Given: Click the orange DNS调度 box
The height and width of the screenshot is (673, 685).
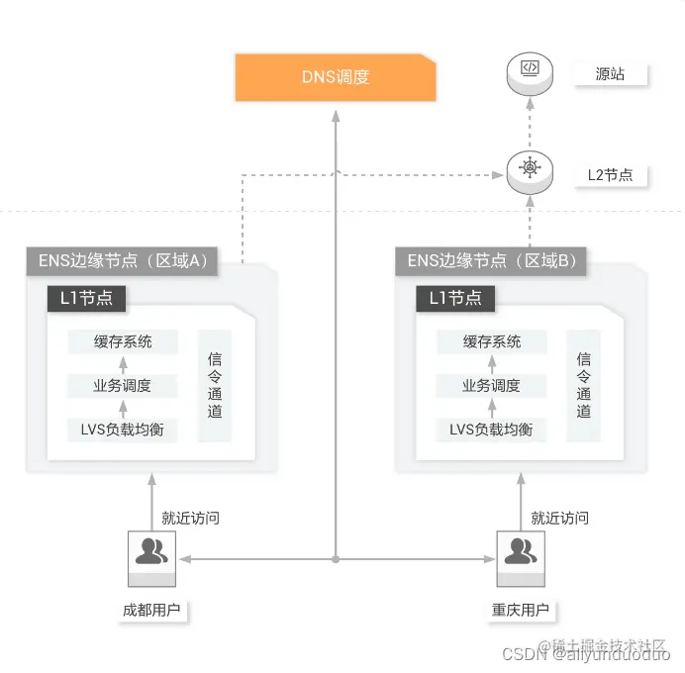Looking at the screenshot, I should [x=336, y=77].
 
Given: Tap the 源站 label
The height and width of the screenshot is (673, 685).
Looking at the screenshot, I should [x=609, y=74].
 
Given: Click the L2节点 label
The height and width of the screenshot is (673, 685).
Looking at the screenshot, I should [x=611, y=175].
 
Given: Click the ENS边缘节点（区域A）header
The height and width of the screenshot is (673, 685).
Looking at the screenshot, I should [x=123, y=261].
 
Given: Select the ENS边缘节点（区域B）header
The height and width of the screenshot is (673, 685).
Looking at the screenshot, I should [x=492, y=261].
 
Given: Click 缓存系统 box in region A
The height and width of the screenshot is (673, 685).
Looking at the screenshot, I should [x=124, y=341].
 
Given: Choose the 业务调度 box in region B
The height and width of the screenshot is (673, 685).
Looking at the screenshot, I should [x=491, y=385].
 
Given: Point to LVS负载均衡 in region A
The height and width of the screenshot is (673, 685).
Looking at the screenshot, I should [x=124, y=429].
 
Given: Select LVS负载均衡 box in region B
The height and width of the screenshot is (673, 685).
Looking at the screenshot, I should [x=491, y=429].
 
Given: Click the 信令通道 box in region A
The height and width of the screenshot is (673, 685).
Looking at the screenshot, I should [x=215, y=385].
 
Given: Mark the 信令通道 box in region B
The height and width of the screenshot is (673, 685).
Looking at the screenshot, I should [x=583, y=385].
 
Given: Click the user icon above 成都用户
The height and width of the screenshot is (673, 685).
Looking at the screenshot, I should [x=151, y=554].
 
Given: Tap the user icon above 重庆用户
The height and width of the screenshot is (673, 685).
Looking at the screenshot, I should [x=520, y=554].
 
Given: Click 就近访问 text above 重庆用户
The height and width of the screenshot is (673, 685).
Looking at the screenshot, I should [x=559, y=518].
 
